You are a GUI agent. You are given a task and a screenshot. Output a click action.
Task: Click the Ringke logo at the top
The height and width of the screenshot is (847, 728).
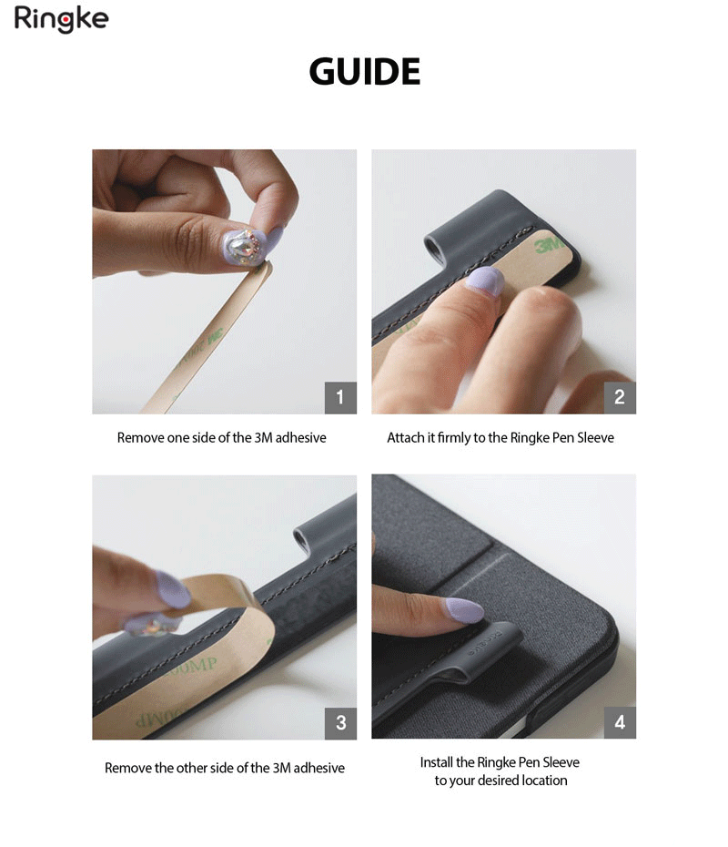61,19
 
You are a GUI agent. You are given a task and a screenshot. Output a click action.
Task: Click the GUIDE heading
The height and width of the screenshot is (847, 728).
364,71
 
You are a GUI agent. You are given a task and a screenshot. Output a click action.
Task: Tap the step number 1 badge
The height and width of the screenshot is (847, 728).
340,398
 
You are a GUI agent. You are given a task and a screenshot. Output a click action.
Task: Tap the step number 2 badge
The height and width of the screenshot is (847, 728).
620,398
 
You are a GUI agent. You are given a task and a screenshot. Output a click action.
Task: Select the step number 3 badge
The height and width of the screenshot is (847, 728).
340,723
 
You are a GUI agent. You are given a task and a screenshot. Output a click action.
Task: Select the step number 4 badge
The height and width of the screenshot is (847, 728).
620,722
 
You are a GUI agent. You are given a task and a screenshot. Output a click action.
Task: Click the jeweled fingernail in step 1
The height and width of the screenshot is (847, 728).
244,247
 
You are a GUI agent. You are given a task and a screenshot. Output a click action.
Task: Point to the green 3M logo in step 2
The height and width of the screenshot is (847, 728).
548,246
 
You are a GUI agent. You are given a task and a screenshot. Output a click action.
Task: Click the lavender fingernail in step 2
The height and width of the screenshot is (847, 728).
485,281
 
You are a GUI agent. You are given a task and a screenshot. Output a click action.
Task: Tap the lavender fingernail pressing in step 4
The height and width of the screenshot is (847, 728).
463,610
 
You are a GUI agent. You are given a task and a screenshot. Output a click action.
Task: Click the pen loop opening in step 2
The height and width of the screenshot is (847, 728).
433,249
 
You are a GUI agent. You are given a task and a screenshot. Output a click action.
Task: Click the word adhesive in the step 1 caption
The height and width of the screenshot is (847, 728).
300,437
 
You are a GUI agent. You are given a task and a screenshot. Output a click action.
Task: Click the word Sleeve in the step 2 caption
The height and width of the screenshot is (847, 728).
595,437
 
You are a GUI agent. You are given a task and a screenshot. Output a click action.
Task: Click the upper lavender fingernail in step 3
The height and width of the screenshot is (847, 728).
173,590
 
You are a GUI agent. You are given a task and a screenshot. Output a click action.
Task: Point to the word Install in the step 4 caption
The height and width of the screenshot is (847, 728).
437,762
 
